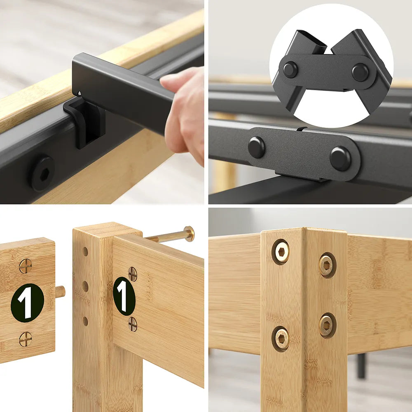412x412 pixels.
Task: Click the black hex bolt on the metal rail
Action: (42, 174)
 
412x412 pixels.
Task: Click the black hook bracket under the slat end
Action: (84, 120)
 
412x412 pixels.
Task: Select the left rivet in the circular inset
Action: (290, 70)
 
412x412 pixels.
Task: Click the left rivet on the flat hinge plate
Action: (257, 147)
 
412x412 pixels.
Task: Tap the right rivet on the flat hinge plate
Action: (341, 159)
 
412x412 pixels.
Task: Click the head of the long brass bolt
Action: (189, 234)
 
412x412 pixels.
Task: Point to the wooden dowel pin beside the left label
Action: (60, 292)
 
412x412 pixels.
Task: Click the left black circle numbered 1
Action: (27, 303)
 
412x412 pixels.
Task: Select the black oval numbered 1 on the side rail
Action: (124, 296)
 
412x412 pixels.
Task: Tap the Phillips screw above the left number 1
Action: (26, 266)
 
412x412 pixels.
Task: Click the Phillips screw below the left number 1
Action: (26, 339)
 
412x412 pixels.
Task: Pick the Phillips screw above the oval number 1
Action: (133, 274)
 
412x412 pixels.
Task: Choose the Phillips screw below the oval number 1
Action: (133, 324)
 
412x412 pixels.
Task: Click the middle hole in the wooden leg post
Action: (85, 286)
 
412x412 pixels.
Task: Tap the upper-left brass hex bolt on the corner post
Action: (281, 252)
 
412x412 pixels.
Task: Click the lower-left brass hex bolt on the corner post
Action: (281, 339)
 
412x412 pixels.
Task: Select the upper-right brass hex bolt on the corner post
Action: (328, 265)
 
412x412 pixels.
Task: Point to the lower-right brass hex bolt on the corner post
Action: (328, 325)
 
